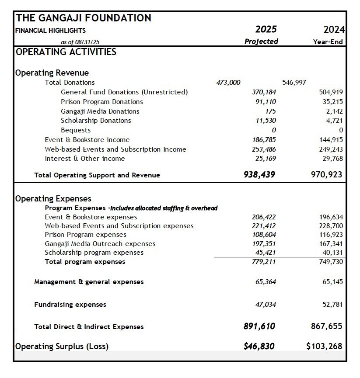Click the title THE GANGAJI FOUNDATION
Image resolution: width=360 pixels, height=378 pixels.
[x=84, y=18]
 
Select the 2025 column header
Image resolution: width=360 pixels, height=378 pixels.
[x=266, y=30]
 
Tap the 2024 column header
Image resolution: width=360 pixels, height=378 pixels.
[x=334, y=30]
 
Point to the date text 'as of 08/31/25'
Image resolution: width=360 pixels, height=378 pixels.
[x=83, y=42]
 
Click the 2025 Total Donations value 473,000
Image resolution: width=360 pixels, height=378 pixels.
[x=228, y=83]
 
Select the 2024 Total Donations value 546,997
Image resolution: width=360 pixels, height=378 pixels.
[x=294, y=83]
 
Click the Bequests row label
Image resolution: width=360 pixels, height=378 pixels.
[x=76, y=130]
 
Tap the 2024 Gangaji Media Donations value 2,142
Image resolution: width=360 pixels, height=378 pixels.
[x=334, y=111]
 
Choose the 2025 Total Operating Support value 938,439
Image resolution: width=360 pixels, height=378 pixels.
[x=259, y=175]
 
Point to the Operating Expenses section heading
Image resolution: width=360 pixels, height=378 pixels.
[x=53, y=199]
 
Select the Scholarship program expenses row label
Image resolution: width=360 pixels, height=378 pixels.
[x=94, y=253]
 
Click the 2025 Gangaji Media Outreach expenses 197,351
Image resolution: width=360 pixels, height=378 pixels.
[x=264, y=244]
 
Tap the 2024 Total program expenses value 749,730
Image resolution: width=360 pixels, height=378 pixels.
[x=331, y=262]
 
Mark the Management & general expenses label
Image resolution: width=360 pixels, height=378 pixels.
[x=89, y=282]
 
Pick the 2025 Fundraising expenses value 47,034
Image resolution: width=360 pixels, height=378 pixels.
[x=266, y=305]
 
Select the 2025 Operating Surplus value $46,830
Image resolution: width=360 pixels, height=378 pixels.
[x=259, y=347]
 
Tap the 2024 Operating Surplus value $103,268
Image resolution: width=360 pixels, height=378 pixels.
[x=324, y=347]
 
